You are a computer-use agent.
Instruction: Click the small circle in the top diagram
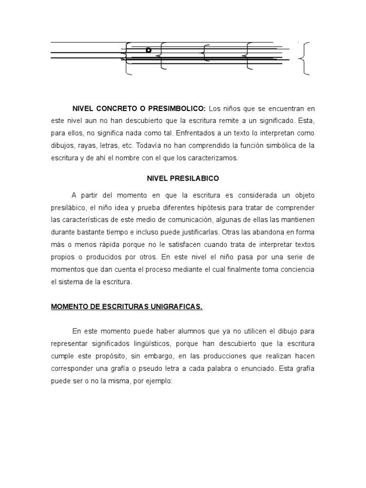point(148,50)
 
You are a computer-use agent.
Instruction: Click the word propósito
point(114,356)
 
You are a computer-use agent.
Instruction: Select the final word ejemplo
point(161,381)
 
